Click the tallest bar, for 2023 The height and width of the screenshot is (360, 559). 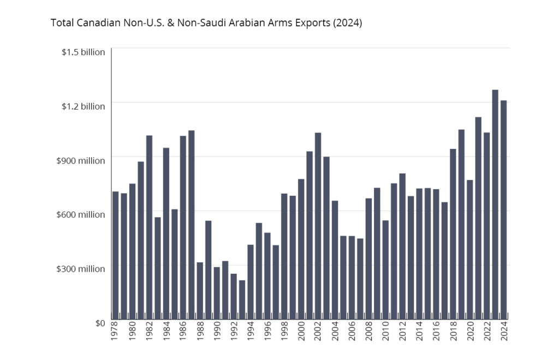click(495, 205)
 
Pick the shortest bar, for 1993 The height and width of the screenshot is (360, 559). click(242, 300)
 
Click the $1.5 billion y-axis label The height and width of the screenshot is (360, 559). click(83, 52)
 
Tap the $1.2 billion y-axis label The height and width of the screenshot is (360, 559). click(83, 106)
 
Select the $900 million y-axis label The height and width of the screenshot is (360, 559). click(81, 160)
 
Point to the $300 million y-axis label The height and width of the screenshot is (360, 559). click(81, 268)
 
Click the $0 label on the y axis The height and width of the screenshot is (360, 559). click(99, 323)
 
